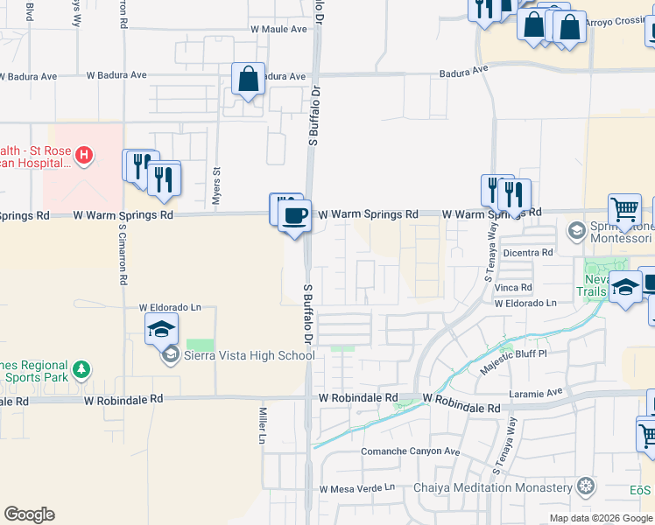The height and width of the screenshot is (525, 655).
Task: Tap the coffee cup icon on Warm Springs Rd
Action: tap(295, 213)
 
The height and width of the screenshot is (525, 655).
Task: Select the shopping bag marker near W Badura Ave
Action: tap(249, 79)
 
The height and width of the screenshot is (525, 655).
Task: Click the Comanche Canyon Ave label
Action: tap(411, 451)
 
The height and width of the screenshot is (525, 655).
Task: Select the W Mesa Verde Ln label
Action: tap(358, 487)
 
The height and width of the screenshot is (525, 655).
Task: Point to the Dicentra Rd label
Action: tap(529, 252)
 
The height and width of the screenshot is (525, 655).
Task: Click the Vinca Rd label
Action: tap(513, 287)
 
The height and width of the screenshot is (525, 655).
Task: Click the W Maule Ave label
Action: tap(278, 29)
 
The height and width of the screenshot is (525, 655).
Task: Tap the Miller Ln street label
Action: tap(262, 425)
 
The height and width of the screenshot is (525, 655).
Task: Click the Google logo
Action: tap(29, 514)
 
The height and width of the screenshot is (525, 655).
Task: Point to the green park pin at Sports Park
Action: tap(81, 369)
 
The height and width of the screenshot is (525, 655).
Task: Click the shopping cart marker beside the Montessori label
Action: tap(624, 210)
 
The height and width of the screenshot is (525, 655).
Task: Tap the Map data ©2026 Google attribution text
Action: tap(600, 518)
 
